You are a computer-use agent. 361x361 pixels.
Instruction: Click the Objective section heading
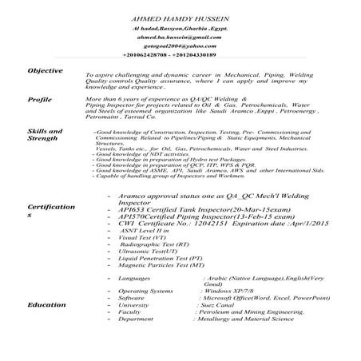point(45,71)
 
